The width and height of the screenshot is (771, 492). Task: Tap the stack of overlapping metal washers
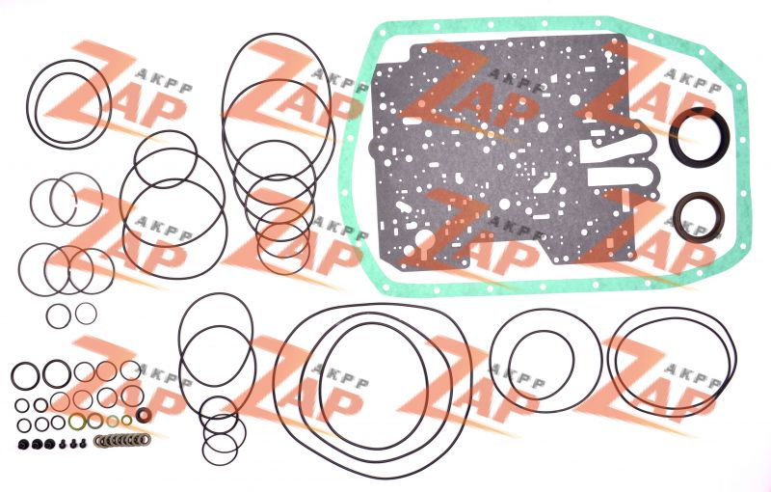click(x=122, y=440)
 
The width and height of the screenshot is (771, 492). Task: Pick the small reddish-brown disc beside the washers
click(x=144, y=415)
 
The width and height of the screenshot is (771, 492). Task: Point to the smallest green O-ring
click(x=127, y=421)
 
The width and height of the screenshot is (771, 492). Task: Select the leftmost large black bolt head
click(x=22, y=444)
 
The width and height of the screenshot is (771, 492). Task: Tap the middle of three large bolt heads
click(x=37, y=444)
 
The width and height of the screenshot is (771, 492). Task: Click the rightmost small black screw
click(x=83, y=443)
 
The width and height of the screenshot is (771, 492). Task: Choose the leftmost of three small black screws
click(x=63, y=444)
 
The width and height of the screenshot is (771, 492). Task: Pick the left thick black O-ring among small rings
click(x=25, y=377)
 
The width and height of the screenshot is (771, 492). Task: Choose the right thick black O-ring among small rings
click(x=57, y=374)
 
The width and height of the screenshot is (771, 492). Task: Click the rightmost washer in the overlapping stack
click(x=146, y=439)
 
